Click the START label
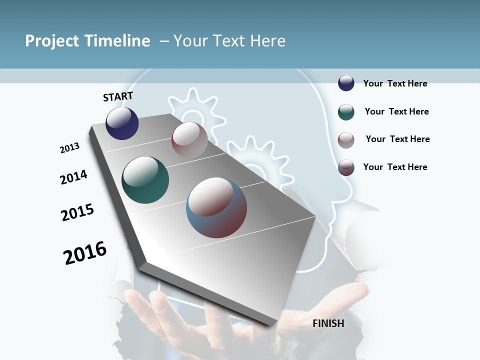[118, 96]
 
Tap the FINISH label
[328, 323]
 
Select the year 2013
[69, 148]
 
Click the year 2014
[73, 177]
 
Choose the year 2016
[85, 253]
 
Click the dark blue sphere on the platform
[122, 123]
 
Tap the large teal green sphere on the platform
[145, 180]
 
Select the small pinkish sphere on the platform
[189, 140]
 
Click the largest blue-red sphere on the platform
[216, 207]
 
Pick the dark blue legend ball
[346, 83]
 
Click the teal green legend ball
[346, 112]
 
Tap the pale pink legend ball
[346, 140]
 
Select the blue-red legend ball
[346, 167]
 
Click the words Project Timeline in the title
[87, 41]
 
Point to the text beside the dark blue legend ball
[395, 83]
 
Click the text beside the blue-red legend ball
[395, 167]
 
